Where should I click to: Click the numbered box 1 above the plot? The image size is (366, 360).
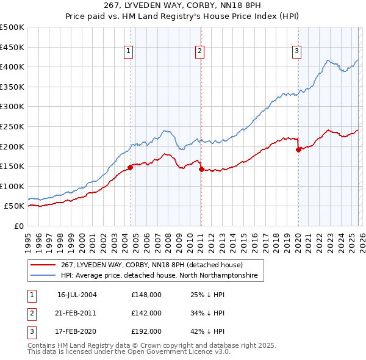point(129,52)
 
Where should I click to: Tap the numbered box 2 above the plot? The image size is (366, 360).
point(199,52)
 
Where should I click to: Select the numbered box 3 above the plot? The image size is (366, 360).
point(296,52)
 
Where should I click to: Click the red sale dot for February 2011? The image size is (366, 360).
point(201,169)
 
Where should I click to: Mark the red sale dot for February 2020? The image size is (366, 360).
point(298,149)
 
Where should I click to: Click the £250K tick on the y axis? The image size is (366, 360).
point(12,126)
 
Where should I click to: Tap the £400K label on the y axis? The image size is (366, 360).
point(12,67)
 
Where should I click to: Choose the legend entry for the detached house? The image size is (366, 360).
point(151,265)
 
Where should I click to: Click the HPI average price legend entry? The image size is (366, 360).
point(159,276)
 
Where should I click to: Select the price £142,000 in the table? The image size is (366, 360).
point(146,313)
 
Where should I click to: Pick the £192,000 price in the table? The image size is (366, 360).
point(146,331)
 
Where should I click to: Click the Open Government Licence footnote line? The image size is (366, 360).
point(129,352)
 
